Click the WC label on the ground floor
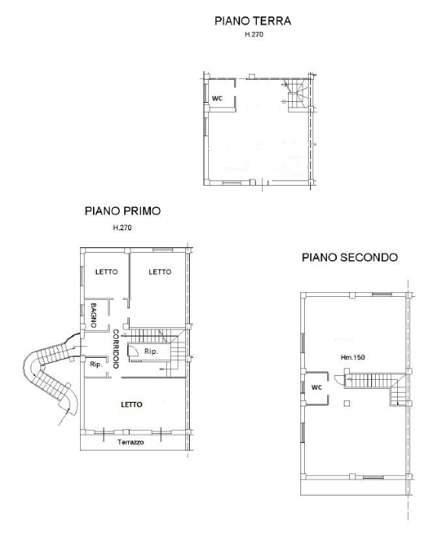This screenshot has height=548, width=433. [216, 99]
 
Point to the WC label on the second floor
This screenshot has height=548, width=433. [316, 387]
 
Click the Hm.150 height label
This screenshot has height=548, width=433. [353, 356]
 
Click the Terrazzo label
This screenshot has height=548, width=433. [130, 442]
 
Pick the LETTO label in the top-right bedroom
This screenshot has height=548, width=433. [159, 272]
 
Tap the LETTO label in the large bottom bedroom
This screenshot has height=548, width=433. [132, 404]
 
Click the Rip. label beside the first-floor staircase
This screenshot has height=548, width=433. [151, 352]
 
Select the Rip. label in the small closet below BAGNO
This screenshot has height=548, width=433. [95, 365]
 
